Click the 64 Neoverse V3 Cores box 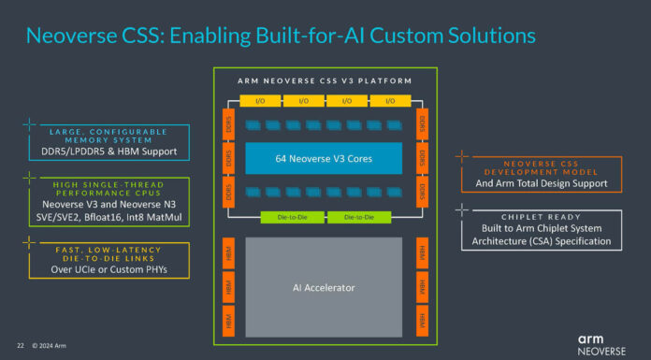(x=323, y=158)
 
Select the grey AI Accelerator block (x=323, y=287)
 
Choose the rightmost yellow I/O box (x=388, y=100)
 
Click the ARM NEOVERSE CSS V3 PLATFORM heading (x=324, y=80)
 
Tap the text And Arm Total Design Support (x=541, y=182)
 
